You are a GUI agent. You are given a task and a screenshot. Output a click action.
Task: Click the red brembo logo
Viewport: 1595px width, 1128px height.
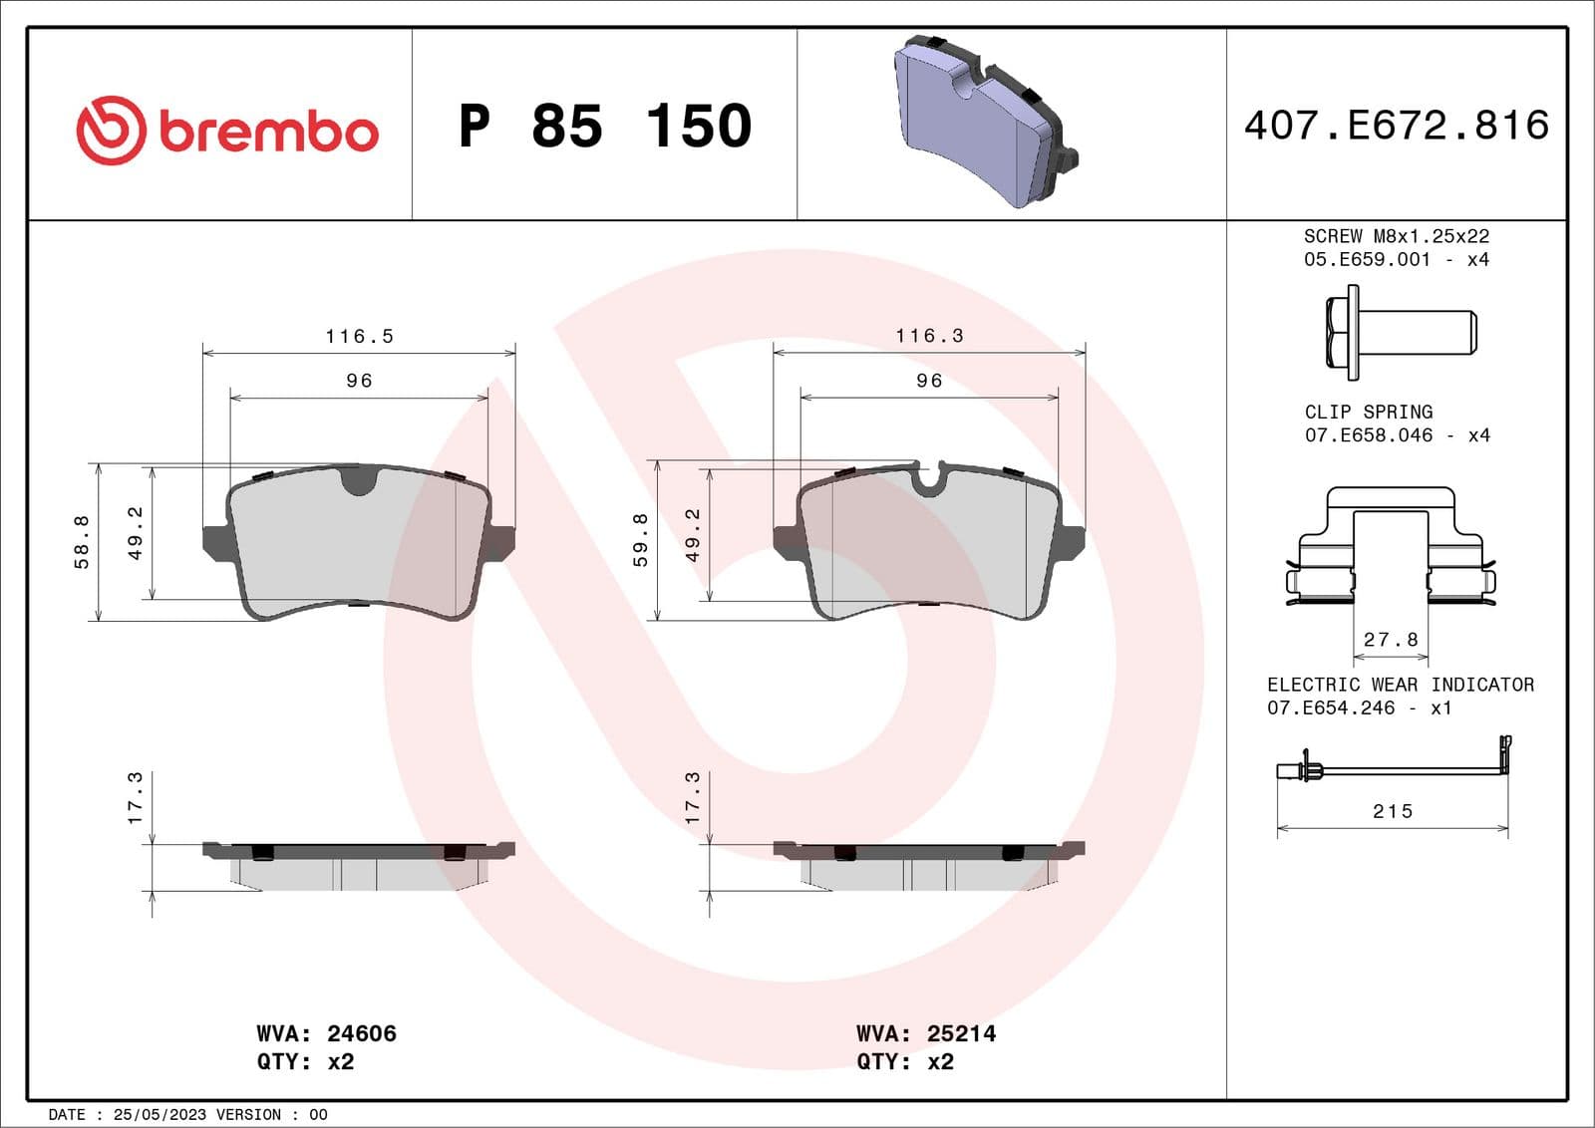(x=227, y=131)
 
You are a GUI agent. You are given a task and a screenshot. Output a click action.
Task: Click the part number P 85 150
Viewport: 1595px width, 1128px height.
(x=604, y=127)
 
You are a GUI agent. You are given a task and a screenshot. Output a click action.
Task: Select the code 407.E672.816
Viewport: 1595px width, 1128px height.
(x=1396, y=126)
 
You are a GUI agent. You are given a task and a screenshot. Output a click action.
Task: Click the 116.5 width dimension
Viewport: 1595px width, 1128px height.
(x=359, y=337)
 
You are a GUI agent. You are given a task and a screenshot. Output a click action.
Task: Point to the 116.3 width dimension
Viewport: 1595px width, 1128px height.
(x=929, y=336)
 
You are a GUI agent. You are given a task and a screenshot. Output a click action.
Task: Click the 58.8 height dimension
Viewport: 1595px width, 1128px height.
(x=82, y=542)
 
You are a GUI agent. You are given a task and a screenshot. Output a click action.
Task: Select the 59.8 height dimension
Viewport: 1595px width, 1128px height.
(x=640, y=540)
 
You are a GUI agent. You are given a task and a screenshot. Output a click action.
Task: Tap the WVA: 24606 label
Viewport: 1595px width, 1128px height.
(x=326, y=1033)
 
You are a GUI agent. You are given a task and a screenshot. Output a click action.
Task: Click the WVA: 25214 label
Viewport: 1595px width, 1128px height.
(x=925, y=1033)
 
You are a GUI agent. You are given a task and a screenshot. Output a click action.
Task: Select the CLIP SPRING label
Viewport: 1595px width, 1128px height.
(x=1368, y=412)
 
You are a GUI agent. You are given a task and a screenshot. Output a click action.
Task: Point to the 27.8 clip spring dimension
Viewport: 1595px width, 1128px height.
(x=1391, y=639)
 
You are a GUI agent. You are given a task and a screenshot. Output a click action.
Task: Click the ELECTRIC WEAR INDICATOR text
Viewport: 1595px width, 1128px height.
(x=1400, y=685)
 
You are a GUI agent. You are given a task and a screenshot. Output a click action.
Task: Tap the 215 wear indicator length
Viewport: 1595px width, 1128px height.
(x=1392, y=811)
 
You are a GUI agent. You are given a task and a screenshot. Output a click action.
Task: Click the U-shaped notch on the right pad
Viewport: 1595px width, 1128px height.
(x=928, y=479)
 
